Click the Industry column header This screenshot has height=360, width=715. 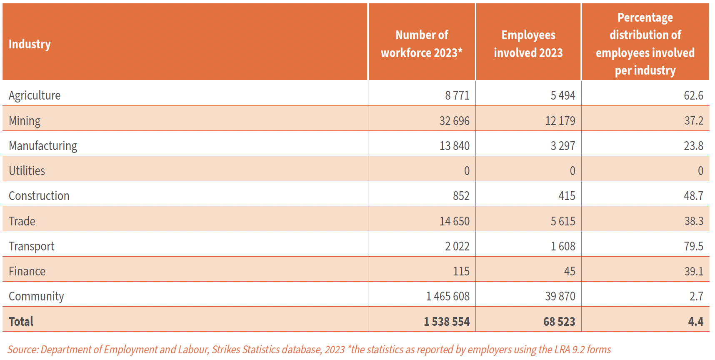point(30,44)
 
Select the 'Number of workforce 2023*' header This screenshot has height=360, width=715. point(422,44)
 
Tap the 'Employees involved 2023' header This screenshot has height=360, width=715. point(528,44)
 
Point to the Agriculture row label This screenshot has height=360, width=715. point(35,95)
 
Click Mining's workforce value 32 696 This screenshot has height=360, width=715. point(454,121)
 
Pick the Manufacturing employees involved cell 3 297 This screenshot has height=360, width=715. point(563,146)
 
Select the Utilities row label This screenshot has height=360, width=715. point(27,171)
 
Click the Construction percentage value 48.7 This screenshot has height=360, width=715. point(693,196)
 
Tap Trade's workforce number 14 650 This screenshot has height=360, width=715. point(454,221)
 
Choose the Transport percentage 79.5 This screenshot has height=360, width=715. point(693,246)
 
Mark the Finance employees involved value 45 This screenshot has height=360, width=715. point(570,271)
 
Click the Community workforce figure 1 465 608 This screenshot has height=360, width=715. point(447,296)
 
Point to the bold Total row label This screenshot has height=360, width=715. point(21,322)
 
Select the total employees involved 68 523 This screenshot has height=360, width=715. point(559,322)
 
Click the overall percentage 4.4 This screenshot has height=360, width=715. point(696,322)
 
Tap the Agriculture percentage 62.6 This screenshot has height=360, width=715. point(693,95)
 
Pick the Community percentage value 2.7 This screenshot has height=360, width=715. point(696,296)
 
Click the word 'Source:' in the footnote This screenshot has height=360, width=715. point(23,350)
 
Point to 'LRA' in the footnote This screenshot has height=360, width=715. point(561,350)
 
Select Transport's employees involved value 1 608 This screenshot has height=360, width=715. point(563,246)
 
